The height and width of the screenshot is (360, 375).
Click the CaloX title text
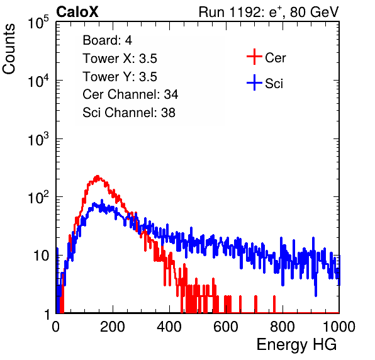click(x=77, y=12)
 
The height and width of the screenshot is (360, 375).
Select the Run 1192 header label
click(x=269, y=12)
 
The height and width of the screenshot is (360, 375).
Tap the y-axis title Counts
click(x=9, y=49)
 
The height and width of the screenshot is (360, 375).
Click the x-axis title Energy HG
click(x=296, y=345)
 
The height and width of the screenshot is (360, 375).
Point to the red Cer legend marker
click(x=254, y=57)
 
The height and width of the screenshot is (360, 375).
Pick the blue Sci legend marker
click(x=254, y=82)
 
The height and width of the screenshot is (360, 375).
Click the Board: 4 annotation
click(x=108, y=40)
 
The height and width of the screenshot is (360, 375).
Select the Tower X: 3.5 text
click(x=120, y=59)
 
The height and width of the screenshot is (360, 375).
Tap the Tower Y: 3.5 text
click(x=120, y=77)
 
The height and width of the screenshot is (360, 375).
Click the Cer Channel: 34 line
click(x=130, y=94)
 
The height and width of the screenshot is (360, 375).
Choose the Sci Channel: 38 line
click(x=129, y=113)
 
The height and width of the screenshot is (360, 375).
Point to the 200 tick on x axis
click(x=113, y=327)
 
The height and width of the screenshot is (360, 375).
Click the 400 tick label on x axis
click(x=169, y=327)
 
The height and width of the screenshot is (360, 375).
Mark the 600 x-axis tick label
click(x=226, y=327)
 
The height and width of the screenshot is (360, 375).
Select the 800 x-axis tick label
click(x=283, y=327)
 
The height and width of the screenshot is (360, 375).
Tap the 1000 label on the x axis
click(x=339, y=327)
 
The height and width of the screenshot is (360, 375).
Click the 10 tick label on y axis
click(x=42, y=256)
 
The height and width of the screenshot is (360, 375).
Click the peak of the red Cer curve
click(x=98, y=176)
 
